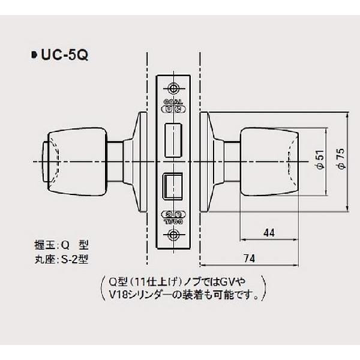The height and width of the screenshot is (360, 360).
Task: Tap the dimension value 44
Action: point(268,232)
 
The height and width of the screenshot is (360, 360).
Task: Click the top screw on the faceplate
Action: point(174,87)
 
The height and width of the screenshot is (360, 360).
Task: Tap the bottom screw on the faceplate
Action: point(174,235)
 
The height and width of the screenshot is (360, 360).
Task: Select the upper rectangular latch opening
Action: point(174,137)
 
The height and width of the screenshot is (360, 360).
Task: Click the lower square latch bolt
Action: point(173,185)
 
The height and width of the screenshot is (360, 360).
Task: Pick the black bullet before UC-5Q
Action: point(33,56)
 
